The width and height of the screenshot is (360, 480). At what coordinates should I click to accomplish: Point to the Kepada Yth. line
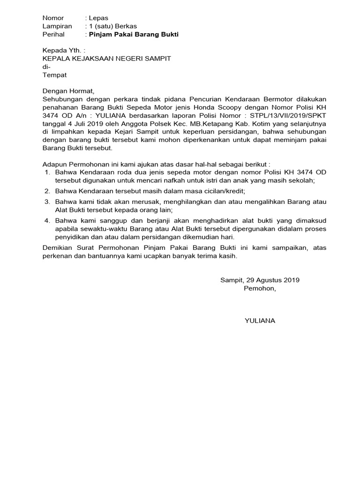[64, 50]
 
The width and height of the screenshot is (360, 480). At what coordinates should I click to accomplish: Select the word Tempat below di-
[54, 75]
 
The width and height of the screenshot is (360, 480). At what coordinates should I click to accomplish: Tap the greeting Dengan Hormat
[68, 91]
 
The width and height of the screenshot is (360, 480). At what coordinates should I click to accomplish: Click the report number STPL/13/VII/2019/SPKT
[288, 115]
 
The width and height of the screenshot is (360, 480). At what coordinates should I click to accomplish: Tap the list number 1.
[47, 172]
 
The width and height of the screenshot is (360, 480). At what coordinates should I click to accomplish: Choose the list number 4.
[47, 221]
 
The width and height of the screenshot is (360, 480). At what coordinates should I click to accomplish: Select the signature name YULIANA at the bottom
[260, 321]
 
